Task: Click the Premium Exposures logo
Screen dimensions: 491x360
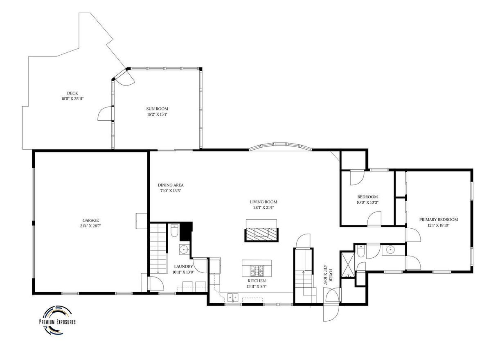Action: [57, 323]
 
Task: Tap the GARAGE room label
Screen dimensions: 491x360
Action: [90, 220]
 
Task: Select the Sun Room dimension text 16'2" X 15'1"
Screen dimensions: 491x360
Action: [157, 114]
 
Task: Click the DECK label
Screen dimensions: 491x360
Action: [72, 93]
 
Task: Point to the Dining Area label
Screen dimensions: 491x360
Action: [171, 185]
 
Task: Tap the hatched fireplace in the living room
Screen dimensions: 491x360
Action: [261, 235]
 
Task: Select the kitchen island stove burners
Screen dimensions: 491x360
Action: [257, 271]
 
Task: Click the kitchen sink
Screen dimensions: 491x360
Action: [233, 297]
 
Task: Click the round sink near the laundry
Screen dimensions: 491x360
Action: [184, 249]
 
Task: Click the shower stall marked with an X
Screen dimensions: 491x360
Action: [347, 264]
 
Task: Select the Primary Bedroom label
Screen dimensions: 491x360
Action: [438, 219]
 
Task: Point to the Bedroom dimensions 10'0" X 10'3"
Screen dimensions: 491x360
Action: [367, 202]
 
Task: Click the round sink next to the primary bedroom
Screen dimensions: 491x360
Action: [390, 250]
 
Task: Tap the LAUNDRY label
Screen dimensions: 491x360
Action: [183, 266]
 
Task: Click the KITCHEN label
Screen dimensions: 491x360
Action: [257, 281]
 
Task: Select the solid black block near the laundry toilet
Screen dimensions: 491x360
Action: [186, 231]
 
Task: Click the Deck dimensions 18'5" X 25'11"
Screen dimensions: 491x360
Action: [72, 99]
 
